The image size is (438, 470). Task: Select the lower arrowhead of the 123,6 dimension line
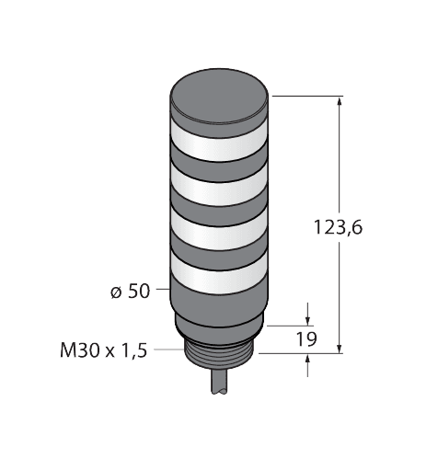tap(342, 348)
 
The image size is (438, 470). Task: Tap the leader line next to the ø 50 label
tap(162, 292)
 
